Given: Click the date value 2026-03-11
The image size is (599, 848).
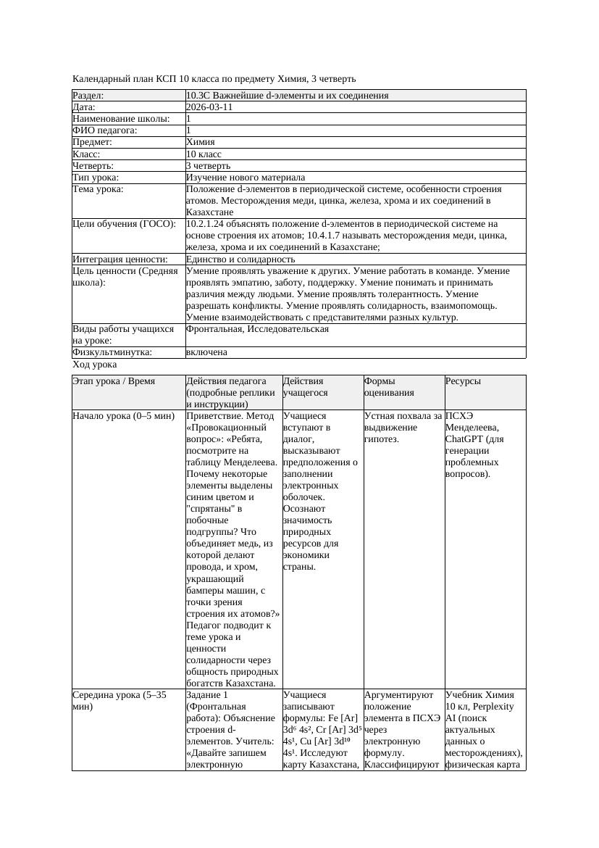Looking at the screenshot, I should coord(209,107).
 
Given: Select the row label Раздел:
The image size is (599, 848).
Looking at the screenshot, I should coord(88,96).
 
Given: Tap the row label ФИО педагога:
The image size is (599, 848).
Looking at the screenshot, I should coord(105,130).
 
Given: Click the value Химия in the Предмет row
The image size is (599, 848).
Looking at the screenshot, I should coord(200,142).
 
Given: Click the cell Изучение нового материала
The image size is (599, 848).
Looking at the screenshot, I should coord(246,178).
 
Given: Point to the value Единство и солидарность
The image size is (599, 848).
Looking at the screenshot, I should coord(240,259).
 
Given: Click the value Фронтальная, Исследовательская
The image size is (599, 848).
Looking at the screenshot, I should coord(257,329).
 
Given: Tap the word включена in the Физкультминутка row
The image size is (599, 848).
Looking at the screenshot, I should coord(206,352).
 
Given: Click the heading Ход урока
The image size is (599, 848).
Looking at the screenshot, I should coord(94,365).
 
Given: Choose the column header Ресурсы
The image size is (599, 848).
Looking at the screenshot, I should coord(463,381).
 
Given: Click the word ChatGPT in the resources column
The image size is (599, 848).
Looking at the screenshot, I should coord(464,439).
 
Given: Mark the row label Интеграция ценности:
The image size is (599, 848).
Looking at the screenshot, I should coord(120,259).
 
